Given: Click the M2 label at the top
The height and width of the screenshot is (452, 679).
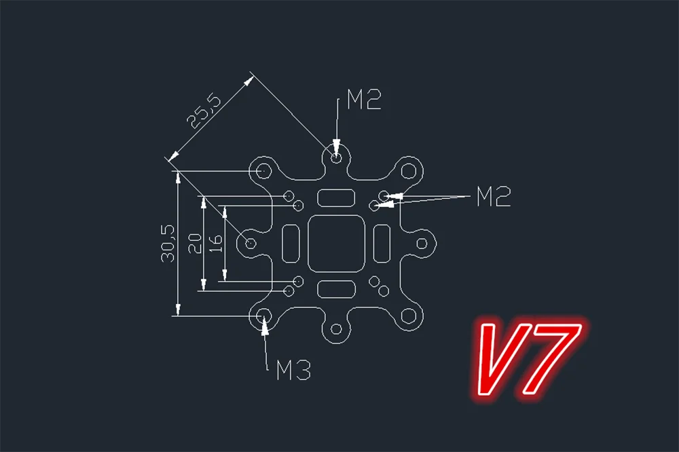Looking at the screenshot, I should point(364,100).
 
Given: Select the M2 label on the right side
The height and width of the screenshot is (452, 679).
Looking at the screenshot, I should point(493,197).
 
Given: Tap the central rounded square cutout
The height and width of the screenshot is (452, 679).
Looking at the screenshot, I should point(337,242).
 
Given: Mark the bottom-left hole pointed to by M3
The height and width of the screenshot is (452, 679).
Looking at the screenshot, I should point(264,316).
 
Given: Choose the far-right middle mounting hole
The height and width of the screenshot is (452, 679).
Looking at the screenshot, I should point(424,242).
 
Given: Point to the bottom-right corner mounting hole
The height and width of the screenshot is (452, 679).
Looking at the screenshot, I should point(409,316).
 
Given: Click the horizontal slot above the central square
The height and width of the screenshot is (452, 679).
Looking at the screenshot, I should point(336,197).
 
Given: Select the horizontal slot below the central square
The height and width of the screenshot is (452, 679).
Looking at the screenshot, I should point(336,288).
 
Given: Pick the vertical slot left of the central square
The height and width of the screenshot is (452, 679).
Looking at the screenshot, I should point(291,242).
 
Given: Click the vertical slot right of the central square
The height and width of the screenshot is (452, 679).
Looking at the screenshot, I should point(382,242).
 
